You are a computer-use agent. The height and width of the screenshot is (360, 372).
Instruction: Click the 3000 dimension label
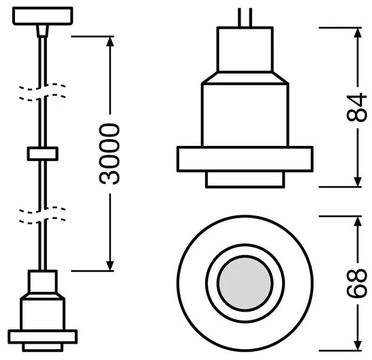[x=110, y=154]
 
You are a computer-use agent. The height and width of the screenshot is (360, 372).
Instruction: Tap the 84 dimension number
[x=356, y=107]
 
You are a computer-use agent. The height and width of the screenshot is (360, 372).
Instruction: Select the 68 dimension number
[x=356, y=284]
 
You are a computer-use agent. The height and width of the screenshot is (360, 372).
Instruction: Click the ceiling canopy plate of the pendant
[x=43, y=16]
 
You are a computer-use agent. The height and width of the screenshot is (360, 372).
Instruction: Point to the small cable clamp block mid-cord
[x=43, y=153]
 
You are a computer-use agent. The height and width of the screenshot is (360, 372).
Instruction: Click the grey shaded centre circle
[x=245, y=283]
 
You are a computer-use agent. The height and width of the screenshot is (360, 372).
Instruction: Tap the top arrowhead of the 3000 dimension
[x=110, y=42]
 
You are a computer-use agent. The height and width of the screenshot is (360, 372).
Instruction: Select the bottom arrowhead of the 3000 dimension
[x=110, y=266]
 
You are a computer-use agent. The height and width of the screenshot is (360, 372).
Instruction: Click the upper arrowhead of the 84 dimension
[x=358, y=33]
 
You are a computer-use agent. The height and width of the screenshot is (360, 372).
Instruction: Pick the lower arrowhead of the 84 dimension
[x=358, y=182]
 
